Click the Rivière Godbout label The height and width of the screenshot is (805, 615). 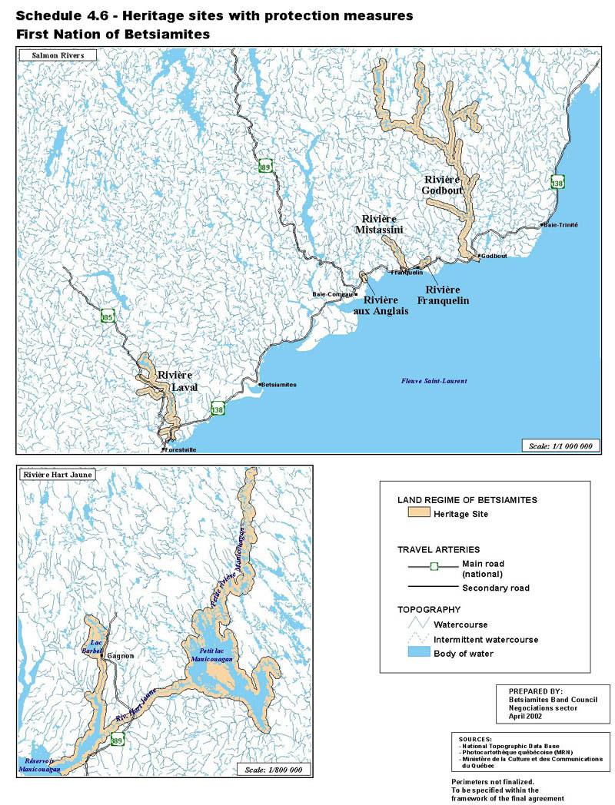[x=442, y=185]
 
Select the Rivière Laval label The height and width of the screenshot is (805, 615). [x=178, y=381]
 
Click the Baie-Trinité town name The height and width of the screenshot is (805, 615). [x=560, y=225]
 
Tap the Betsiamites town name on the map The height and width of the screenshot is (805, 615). [x=278, y=385]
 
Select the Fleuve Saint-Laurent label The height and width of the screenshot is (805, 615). [x=434, y=382]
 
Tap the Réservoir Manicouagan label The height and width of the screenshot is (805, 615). [x=38, y=764]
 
